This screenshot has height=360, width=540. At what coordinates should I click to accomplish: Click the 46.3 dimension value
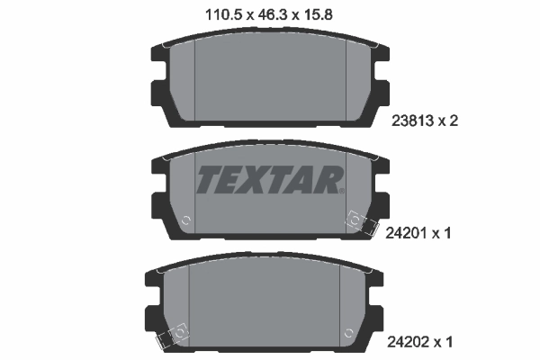tap(269, 13)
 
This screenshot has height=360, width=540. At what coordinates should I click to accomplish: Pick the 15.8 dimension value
tap(323, 13)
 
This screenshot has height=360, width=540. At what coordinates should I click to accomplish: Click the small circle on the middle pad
tap(185, 220)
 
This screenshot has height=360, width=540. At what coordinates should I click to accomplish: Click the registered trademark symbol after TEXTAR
tap(342, 190)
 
